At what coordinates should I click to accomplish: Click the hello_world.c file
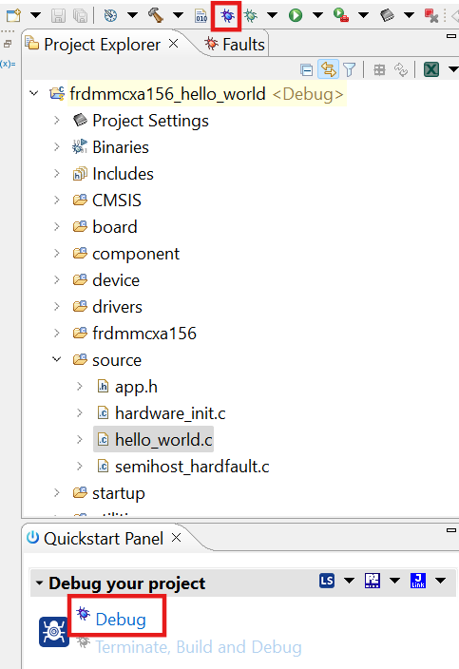click(x=163, y=439)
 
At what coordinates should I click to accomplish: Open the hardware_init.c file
click(x=169, y=412)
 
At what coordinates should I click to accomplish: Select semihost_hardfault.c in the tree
click(x=192, y=466)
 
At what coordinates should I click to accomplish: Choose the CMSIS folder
click(x=116, y=200)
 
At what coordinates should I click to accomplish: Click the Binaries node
click(x=120, y=146)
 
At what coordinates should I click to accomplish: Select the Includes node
click(x=123, y=173)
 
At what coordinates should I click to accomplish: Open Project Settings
click(x=150, y=120)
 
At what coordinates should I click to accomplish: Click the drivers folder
click(x=117, y=306)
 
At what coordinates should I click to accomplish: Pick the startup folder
click(x=118, y=492)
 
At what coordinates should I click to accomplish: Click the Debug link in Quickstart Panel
click(x=121, y=620)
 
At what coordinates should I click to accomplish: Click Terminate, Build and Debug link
click(x=199, y=647)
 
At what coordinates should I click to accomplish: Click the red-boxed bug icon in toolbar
click(x=226, y=15)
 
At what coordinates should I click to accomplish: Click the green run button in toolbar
click(x=296, y=15)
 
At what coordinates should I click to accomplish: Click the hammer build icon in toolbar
click(x=155, y=15)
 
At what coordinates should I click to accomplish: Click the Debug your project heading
click(x=126, y=583)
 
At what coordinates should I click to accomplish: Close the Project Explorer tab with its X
click(x=173, y=44)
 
